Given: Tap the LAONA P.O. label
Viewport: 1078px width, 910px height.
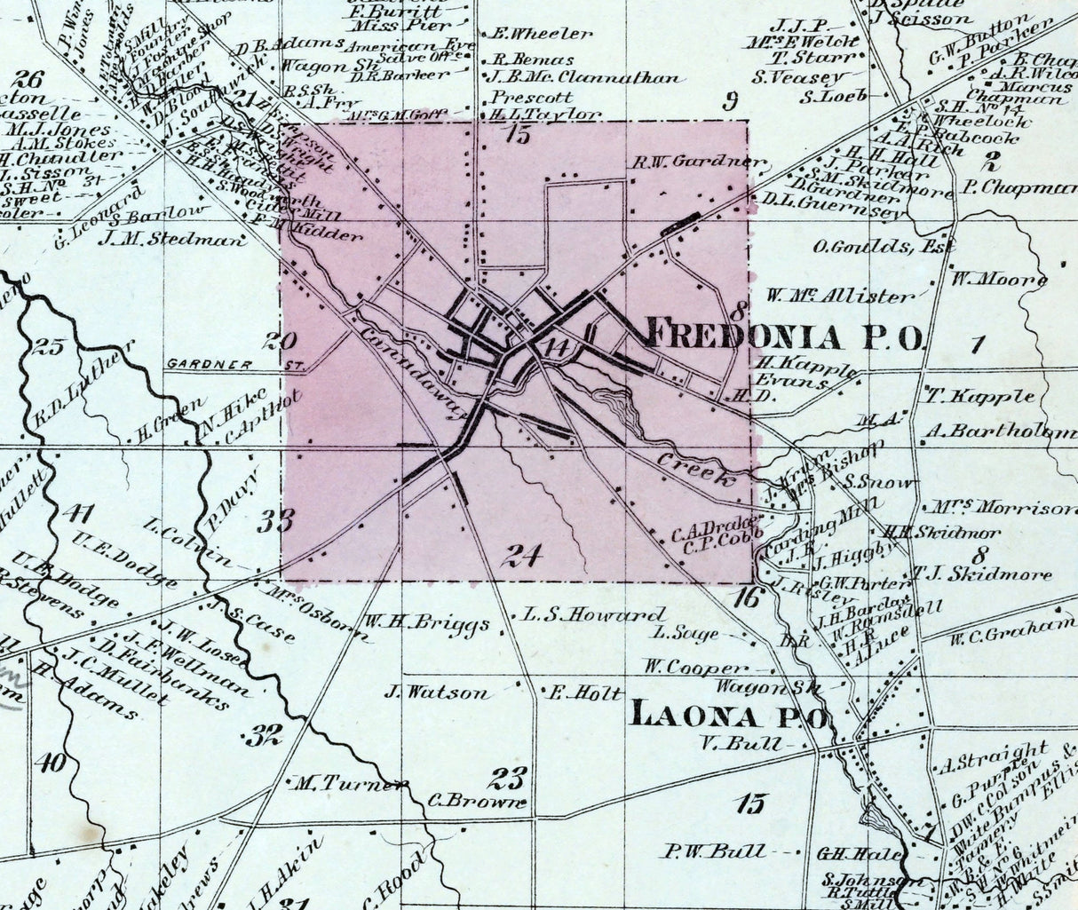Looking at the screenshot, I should tap(727, 716).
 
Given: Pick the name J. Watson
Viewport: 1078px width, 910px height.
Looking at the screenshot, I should tap(438, 692).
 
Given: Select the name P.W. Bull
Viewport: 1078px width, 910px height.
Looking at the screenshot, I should tap(713, 852).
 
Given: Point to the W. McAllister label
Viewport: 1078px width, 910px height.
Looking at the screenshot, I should tap(838, 295).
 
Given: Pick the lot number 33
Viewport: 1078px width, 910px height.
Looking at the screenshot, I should tap(276, 520).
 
